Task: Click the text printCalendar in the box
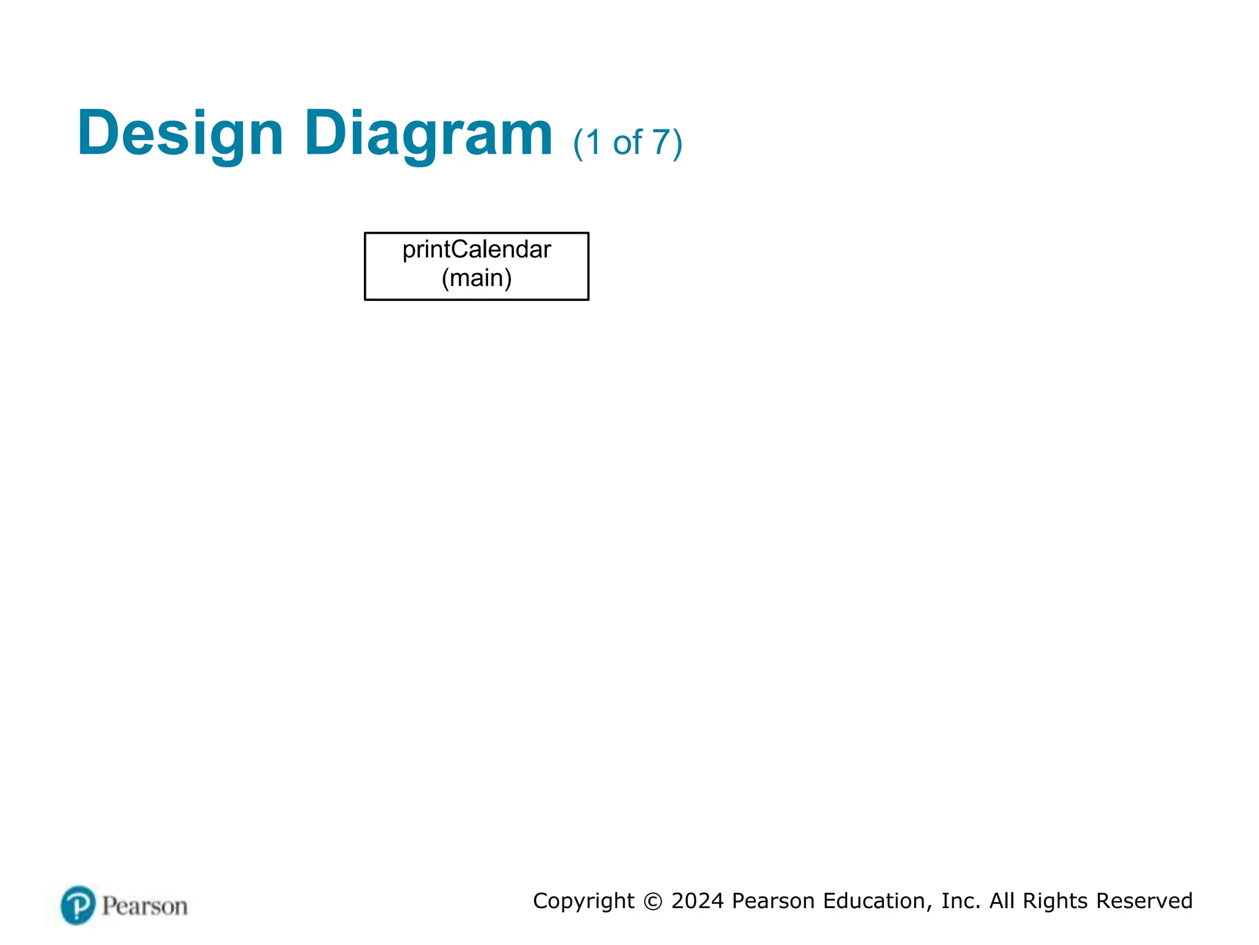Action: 476,250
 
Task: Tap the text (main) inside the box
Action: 476,278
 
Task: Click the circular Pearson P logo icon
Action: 78,905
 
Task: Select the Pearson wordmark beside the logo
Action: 144,906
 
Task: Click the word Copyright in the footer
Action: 583,901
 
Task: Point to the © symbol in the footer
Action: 653,901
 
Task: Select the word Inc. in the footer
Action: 961,901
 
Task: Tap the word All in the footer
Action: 1002,901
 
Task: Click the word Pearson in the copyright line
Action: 774,901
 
